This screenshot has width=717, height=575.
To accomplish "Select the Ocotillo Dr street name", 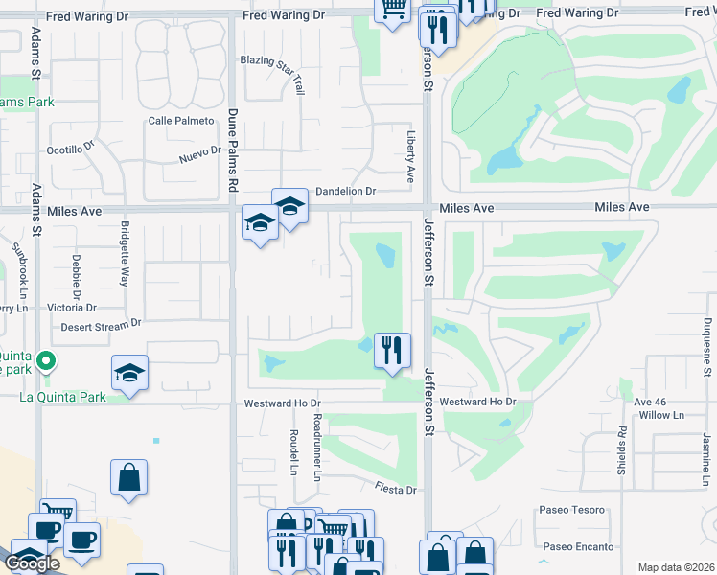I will click(72, 150).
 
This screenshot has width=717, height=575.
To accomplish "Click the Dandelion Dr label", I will click(345, 191).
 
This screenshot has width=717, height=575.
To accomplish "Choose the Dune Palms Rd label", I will click(232, 149).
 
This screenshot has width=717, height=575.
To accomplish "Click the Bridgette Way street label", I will click(124, 254).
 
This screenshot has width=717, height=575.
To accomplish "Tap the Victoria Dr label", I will click(72, 308).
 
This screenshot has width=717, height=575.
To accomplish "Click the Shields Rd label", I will click(622, 443).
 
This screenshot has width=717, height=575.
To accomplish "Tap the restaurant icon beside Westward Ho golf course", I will click(392, 350).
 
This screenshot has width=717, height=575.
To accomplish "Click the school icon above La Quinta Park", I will click(130, 374).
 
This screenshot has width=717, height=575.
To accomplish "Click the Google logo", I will click(32, 563).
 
